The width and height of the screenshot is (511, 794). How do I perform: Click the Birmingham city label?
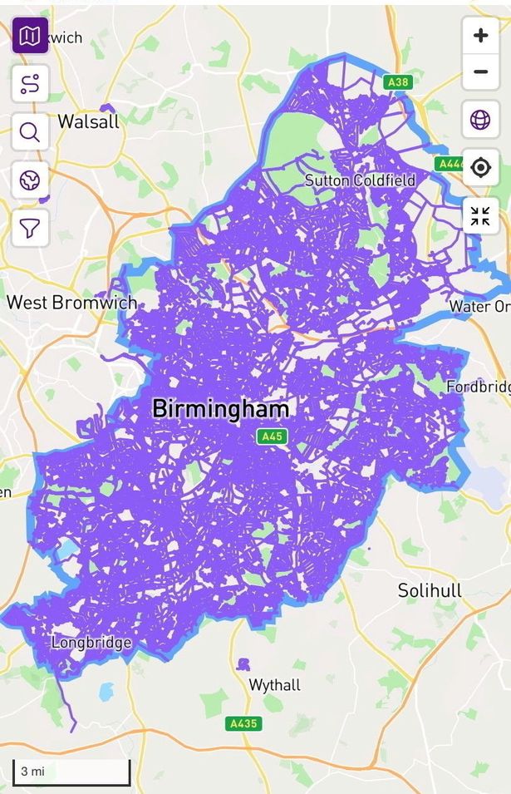(221, 409)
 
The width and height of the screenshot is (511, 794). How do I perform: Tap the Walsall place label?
(88, 121)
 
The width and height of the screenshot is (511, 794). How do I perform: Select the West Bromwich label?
(71, 302)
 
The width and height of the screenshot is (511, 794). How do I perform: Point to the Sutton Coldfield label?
(360, 180)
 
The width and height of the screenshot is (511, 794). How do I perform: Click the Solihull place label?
(429, 591)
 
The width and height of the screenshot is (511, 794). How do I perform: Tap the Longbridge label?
(91, 643)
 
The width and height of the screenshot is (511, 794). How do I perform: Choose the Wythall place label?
(275, 685)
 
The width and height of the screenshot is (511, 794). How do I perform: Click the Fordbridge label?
(478, 387)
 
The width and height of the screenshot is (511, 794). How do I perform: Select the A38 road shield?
(398, 82)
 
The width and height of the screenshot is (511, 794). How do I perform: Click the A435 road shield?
(243, 723)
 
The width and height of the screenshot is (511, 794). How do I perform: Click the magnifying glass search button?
(30, 131)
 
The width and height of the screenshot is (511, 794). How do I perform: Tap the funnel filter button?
(30, 227)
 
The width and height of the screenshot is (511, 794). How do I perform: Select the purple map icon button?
(30, 36)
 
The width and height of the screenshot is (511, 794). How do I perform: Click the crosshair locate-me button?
(480, 168)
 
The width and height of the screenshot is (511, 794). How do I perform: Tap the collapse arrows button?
(480, 216)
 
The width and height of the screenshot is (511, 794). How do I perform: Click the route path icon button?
(30, 83)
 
